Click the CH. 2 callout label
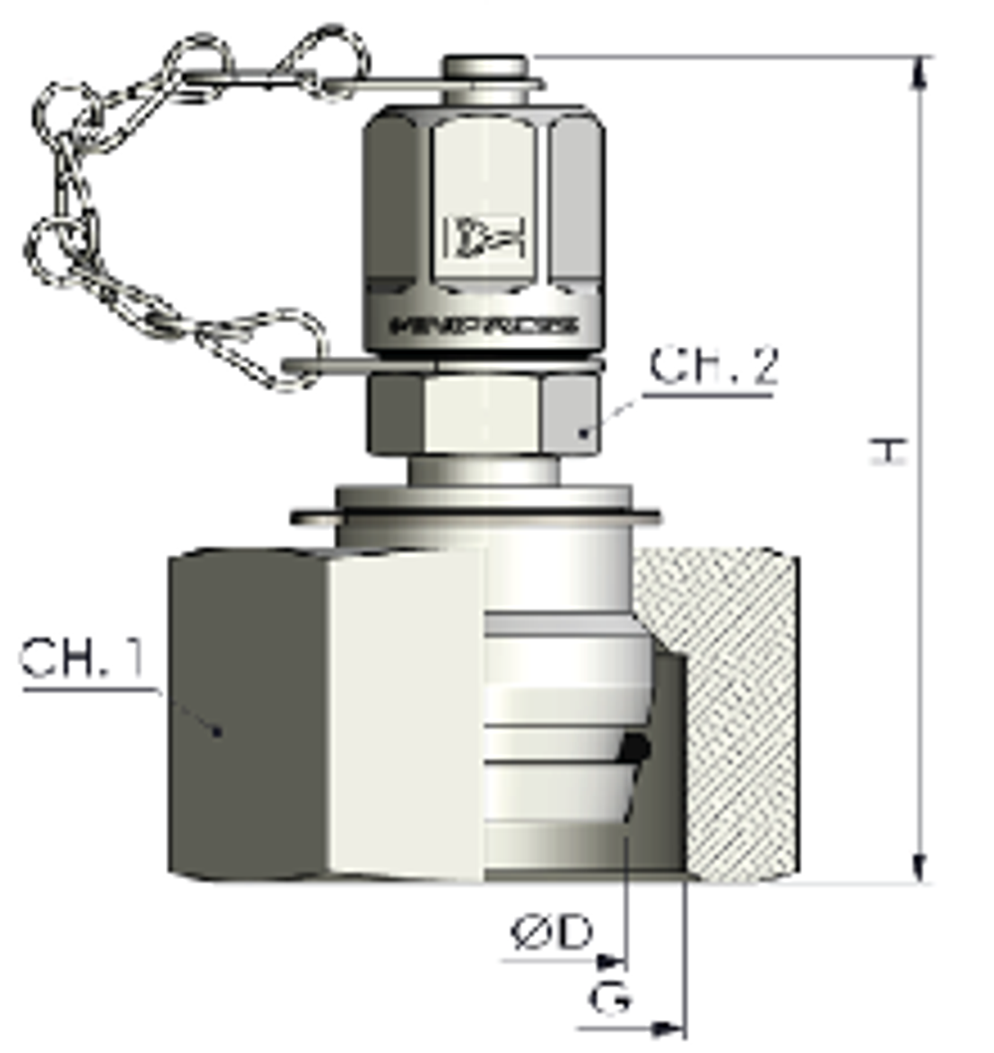pos(714,367)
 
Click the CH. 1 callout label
pos(83,659)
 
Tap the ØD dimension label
pos(552,933)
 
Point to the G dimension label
pos(609,998)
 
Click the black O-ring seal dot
pos(636,749)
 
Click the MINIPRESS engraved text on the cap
pos(485,325)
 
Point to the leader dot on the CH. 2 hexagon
pos(585,432)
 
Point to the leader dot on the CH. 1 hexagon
pos(218,731)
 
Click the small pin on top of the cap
pos(484,67)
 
